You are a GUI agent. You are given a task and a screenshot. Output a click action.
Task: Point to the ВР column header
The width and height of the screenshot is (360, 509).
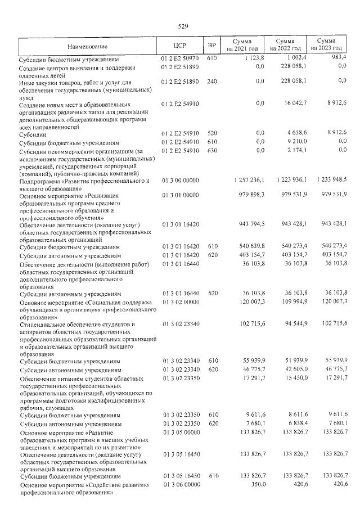[x=212, y=46]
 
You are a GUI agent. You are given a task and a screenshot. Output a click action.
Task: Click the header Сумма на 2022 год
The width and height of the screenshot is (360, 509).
[x=287, y=46]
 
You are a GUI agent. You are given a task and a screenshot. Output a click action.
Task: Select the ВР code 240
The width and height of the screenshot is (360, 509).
[x=212, y=82]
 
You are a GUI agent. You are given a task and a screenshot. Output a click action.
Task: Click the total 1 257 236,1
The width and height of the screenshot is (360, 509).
[x=247, y=179]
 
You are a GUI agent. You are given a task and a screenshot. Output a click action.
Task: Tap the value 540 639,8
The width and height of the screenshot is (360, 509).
[x=251, y=246]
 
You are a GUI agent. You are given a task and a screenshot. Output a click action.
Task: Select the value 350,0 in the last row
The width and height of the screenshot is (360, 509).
[x=257, y=484]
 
